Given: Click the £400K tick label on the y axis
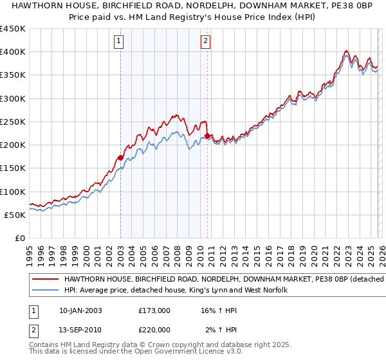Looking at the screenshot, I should tap(13, 52).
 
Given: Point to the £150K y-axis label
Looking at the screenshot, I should tap(13, 168).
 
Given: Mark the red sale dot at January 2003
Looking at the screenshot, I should tap(120, 157).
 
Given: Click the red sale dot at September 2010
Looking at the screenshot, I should tap(207, 136).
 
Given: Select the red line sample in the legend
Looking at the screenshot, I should tap(45, 280).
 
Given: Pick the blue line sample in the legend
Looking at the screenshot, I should tap(45, 291).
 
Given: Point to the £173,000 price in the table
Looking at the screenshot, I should tap(154, 310).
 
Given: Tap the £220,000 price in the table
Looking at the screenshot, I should tap(154, 329).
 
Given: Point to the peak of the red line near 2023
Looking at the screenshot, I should tap(346, 51).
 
